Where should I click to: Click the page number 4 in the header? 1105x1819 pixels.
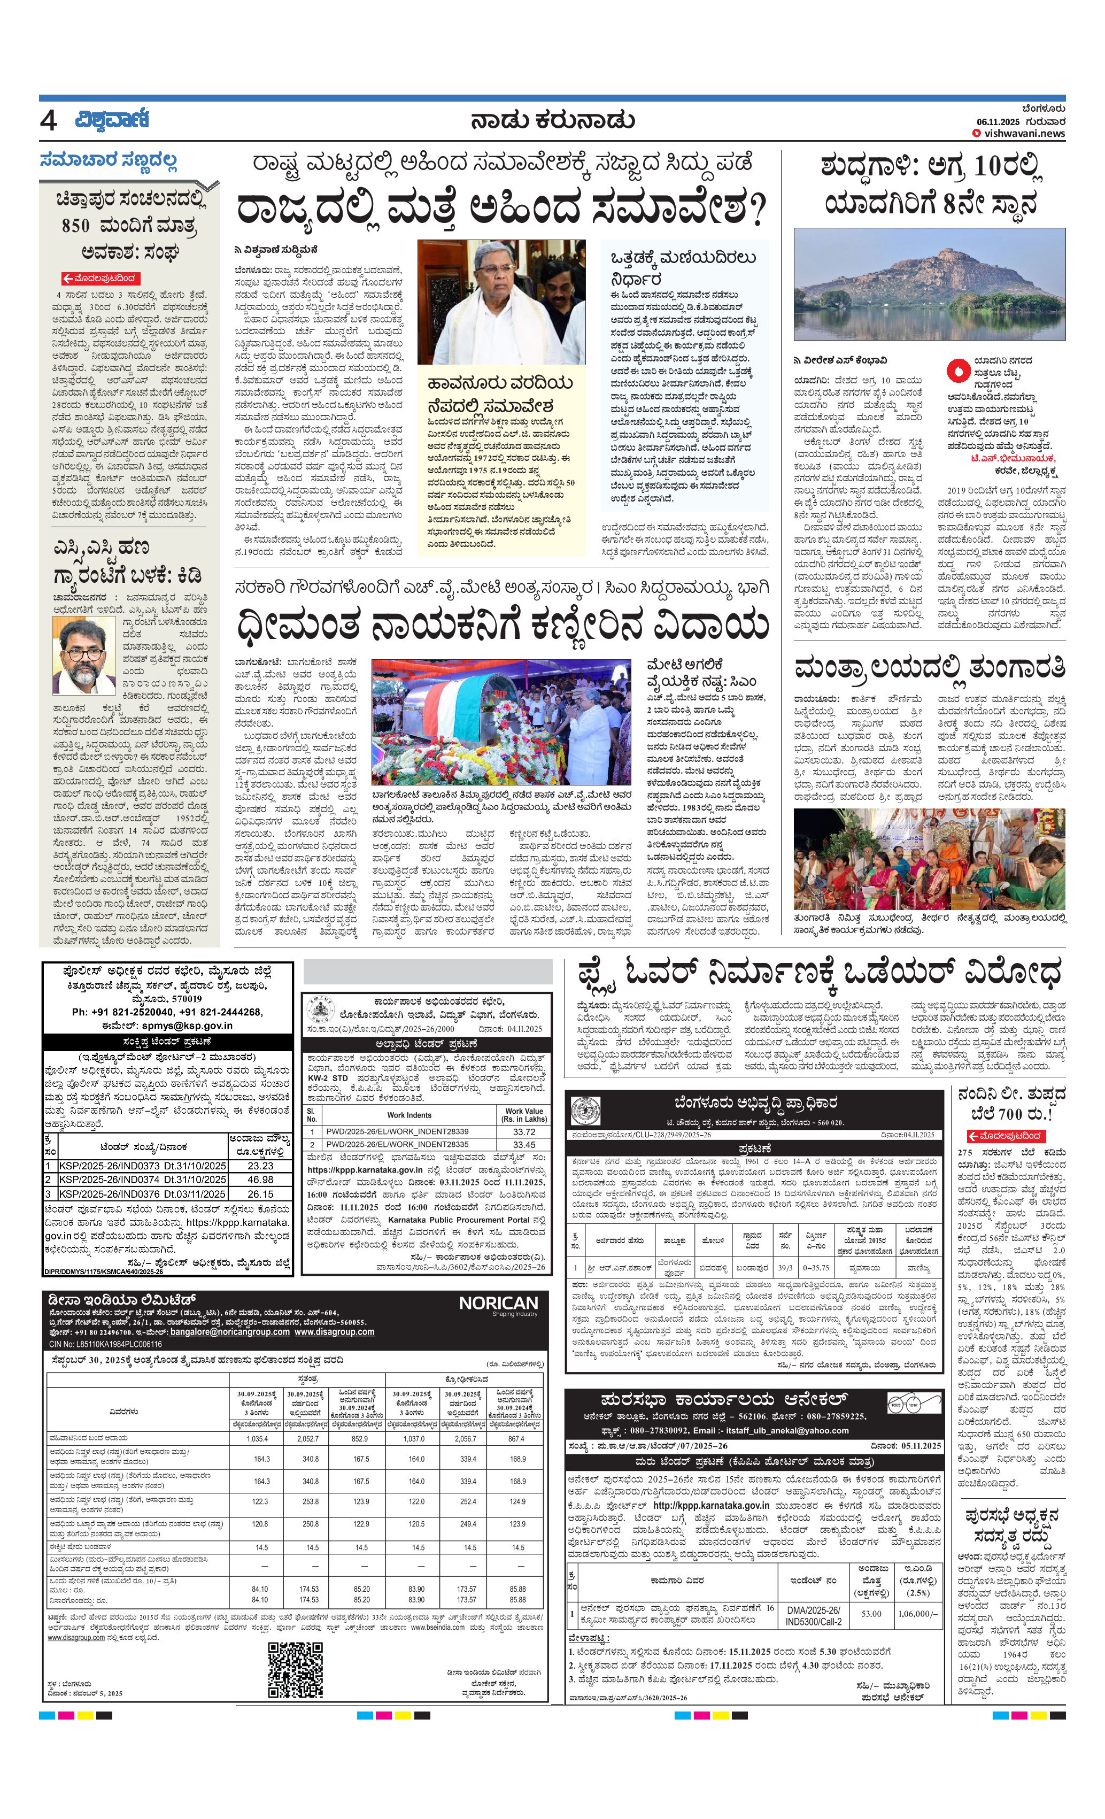point(48,121)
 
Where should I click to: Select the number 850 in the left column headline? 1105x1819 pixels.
point(76,225)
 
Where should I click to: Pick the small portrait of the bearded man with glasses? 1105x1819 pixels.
point(83,656)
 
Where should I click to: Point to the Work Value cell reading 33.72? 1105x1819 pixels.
point(523,1131)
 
